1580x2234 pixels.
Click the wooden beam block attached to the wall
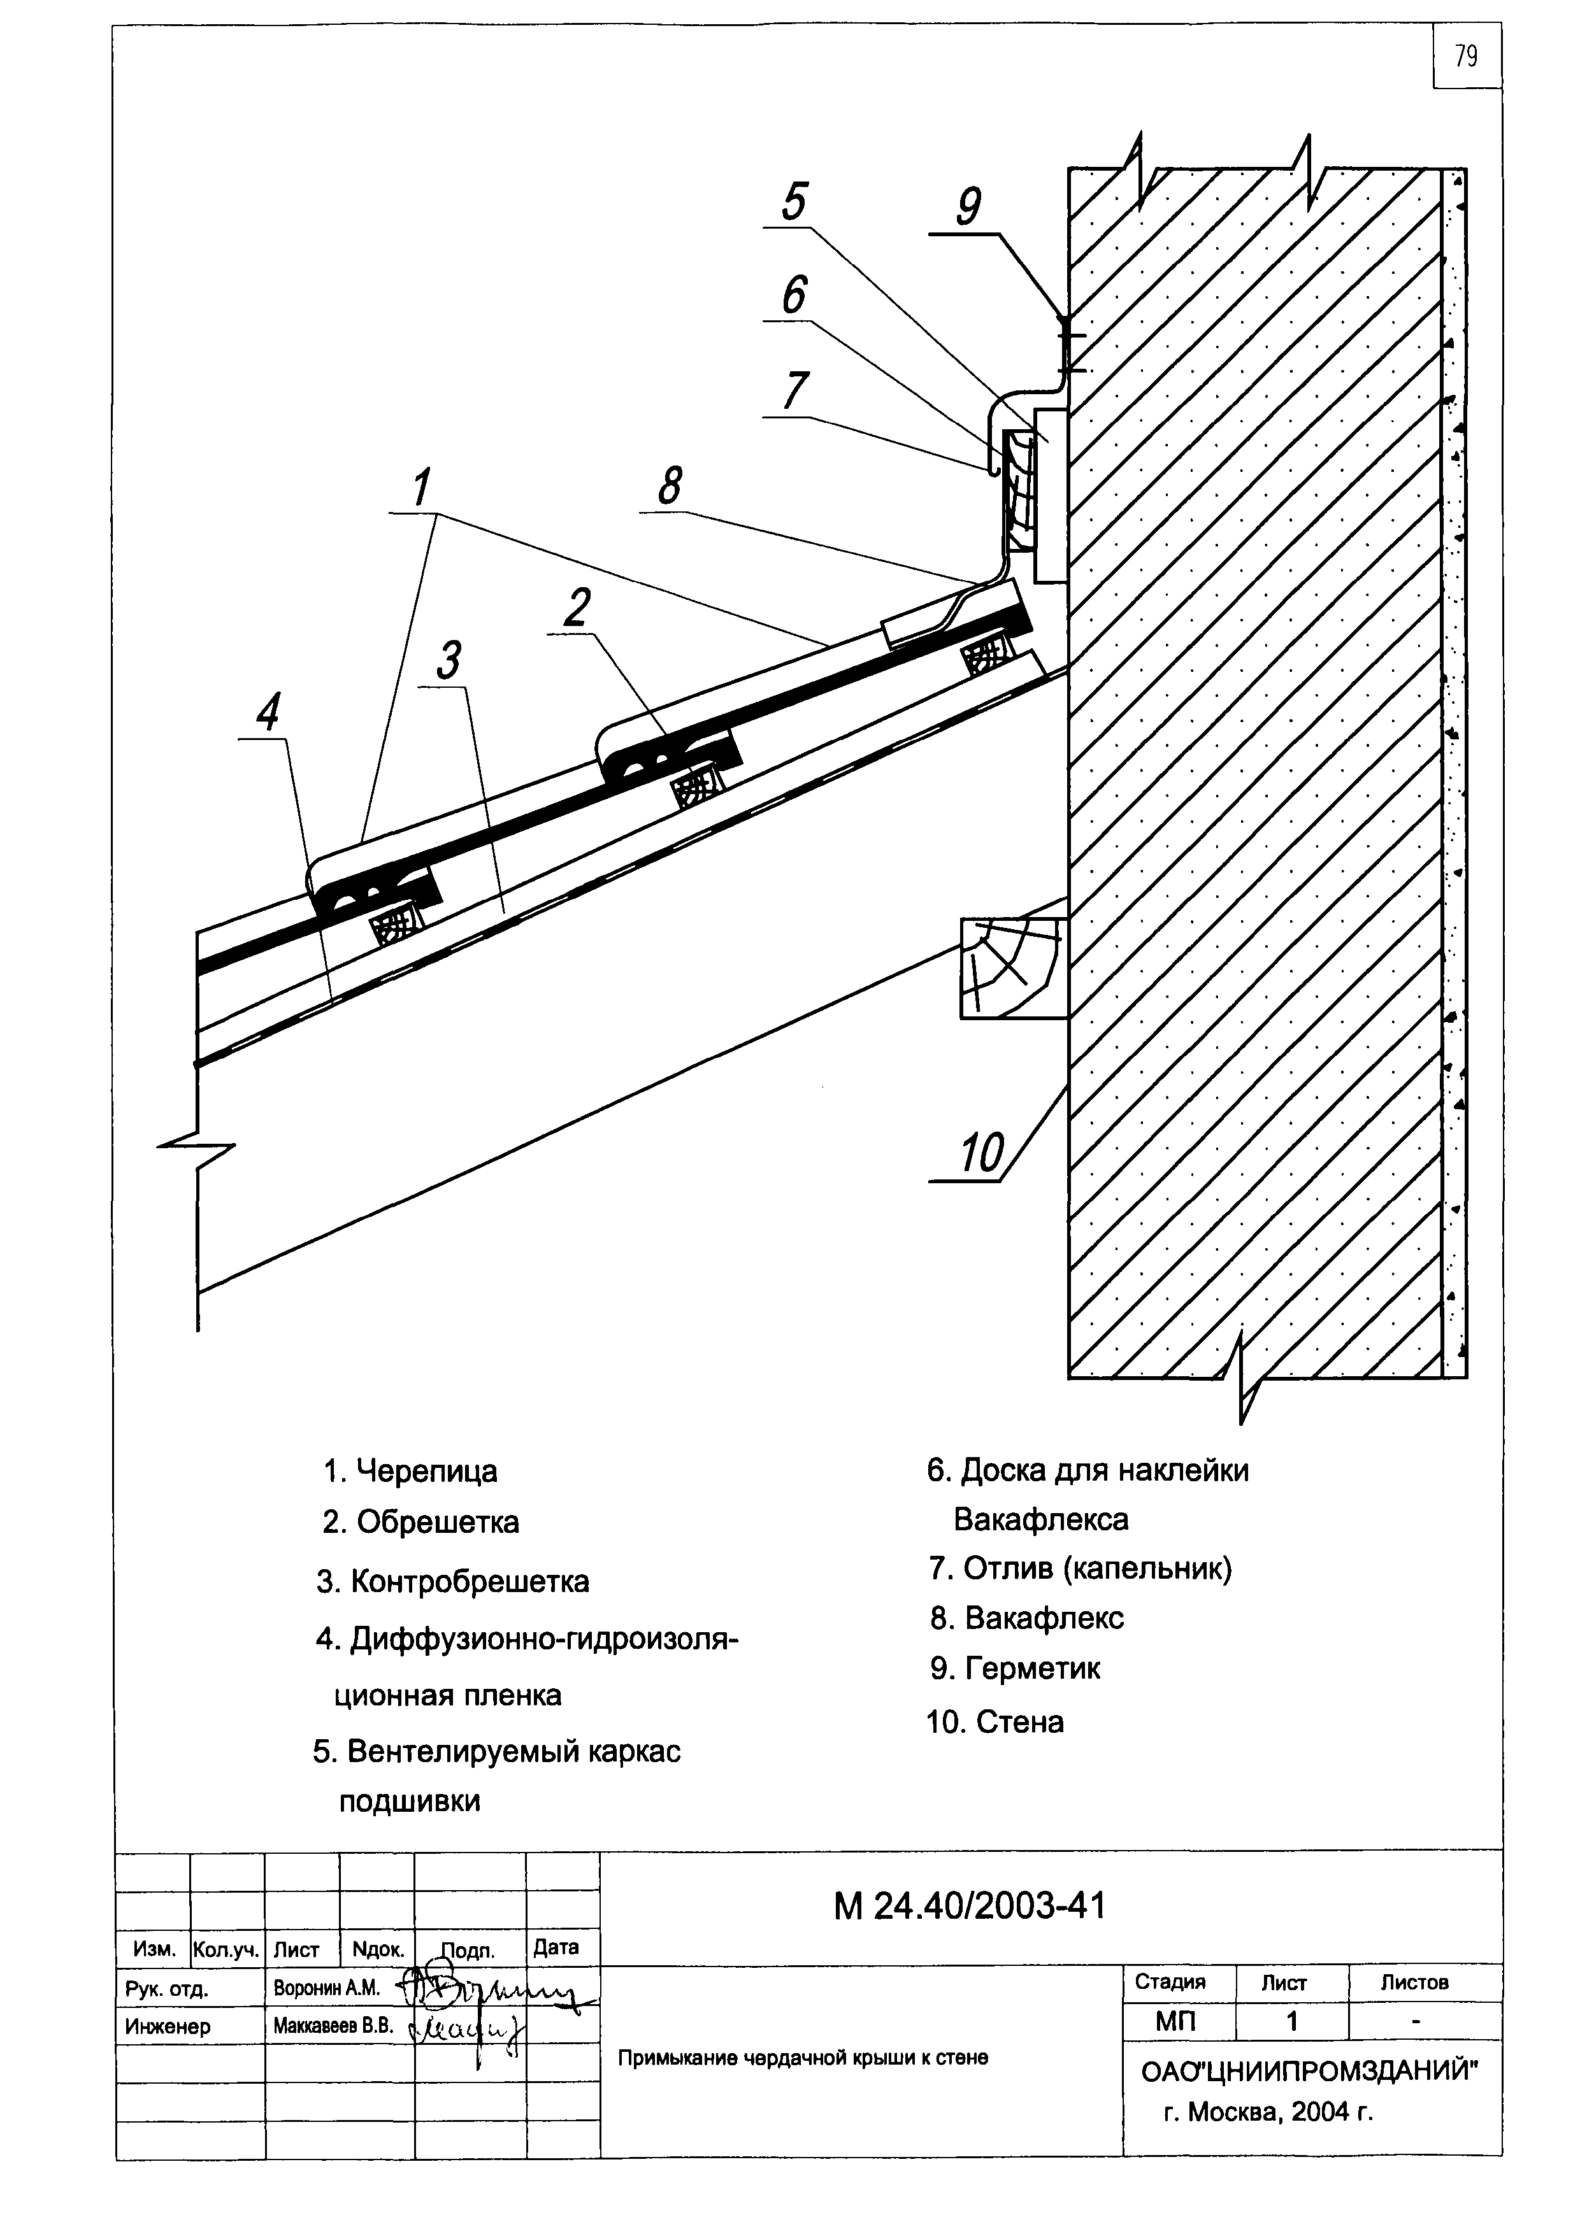click(x=1014, y=968)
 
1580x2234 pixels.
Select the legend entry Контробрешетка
click(x=453, y=1581)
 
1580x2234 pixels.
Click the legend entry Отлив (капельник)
click(x=1081, y=1569)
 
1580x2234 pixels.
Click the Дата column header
click(x=556, y=1947)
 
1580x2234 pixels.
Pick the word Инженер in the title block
click(x=168, y=2028)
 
